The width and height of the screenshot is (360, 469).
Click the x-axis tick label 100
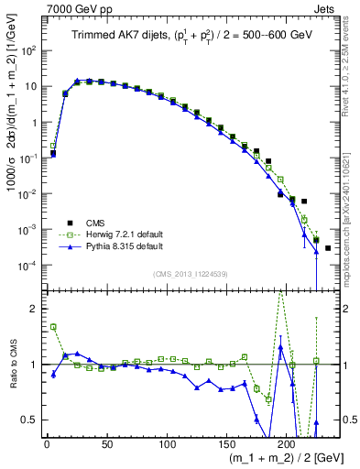[x=167, y=442]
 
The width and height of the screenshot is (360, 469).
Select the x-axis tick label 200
[x=287, y=442]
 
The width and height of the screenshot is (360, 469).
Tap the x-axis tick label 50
[x=106, y=442]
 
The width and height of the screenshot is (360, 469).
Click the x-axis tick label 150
[x=226, y=442]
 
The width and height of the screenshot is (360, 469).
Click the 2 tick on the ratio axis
[x=35, y=309]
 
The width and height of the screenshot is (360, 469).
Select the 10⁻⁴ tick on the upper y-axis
[x=27, y=266]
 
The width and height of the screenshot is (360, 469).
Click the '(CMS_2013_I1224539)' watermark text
[x=191, y=273]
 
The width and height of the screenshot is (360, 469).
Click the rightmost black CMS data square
[x=328, y=248]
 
